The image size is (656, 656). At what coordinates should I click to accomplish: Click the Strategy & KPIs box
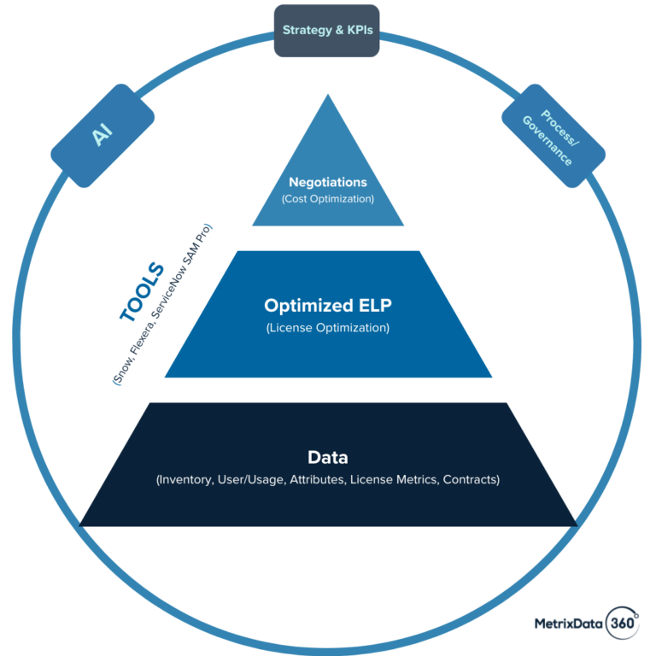[327, 31]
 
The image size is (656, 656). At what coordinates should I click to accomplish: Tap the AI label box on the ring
[102, 136]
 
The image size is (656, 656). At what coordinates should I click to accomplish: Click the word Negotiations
[328, 182]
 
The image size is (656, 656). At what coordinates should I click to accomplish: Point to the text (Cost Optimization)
[328, 199]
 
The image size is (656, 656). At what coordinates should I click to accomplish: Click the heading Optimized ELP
[328, 306]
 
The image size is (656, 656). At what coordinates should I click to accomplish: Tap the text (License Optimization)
[328, 328]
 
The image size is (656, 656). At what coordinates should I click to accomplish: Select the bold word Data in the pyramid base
[328, 457]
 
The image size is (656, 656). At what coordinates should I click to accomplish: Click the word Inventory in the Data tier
[186, 480]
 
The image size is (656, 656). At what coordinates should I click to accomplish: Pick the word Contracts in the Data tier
[470, 480]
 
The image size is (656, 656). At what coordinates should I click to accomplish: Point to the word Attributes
[319, 480]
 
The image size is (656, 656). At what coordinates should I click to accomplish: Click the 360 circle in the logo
[622, 624]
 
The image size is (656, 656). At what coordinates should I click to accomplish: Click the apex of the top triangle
[328, 96]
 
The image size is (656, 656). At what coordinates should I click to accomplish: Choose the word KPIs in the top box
[358, 31]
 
